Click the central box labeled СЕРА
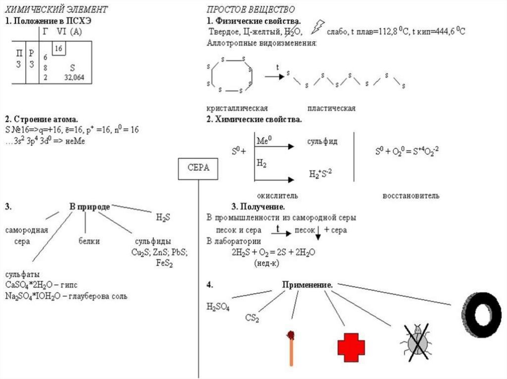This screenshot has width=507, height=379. (198, 168)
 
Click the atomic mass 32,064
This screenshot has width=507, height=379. (74, 78)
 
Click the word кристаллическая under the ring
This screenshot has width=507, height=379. (237, 108)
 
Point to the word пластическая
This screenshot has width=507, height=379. (331, 108)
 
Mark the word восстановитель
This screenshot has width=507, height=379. (411, 196)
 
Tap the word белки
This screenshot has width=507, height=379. (89, 241)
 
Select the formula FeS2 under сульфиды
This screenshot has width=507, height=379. (164, 262)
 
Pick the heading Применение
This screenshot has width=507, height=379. (307, 285)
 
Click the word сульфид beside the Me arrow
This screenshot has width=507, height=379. (322, 142)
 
